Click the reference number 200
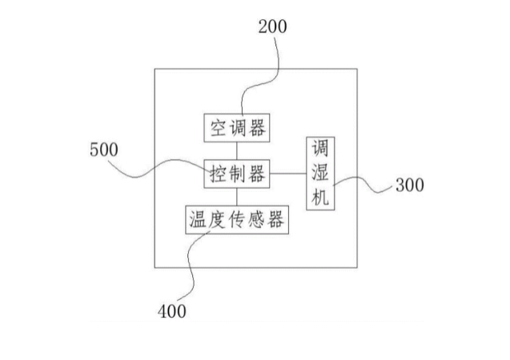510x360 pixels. [x=272, y=26]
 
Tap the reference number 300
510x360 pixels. [x=410, y=186]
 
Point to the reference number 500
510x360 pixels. [x=103, y=149]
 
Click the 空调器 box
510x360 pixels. [x=237, y=127]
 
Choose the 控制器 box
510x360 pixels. [x=237, y=173]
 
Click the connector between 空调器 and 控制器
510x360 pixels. [x=237, y=150]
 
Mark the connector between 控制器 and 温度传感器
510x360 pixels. [x=237, y=196]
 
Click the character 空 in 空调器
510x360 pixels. [x=219, y=127]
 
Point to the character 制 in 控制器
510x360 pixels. [x=237, y=173]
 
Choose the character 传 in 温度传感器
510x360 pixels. [x=236, y=220]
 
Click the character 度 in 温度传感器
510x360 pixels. [x=216, y=220]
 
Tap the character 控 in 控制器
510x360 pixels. [x=219, y=173]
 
